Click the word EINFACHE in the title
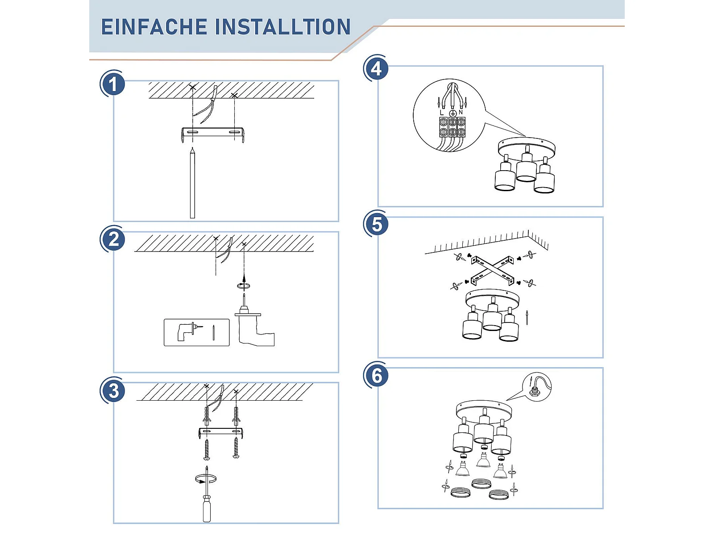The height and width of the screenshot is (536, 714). click(154, 27)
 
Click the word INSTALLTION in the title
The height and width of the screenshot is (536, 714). click(283, 27)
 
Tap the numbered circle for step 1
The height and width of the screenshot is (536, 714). click(112, 84)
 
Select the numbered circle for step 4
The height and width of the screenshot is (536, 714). click(376, 69)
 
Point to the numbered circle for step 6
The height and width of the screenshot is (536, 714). click(376, 376)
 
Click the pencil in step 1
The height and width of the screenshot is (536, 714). click(192, 183)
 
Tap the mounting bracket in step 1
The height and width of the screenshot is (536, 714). click(213, 134)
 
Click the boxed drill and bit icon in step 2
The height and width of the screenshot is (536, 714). click(196, 332)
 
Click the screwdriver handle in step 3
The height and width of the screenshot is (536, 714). click(207, 510)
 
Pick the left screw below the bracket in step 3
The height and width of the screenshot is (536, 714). click(207, 449)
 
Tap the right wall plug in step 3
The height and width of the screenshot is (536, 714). click(236, 415)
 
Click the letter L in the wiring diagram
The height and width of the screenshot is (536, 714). click(441, 113)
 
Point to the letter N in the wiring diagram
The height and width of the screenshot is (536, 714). click(461, 112)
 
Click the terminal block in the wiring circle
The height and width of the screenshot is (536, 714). click(452, 127)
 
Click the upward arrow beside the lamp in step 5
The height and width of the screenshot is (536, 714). click(527, 317)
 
